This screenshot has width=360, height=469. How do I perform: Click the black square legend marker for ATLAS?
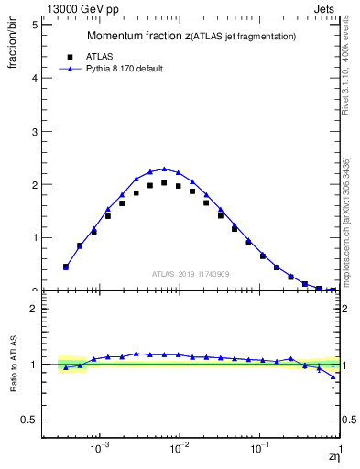point(68,55)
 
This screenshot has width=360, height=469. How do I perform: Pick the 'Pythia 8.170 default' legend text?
point(125,68)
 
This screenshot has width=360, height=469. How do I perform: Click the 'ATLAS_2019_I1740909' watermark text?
point(191,273)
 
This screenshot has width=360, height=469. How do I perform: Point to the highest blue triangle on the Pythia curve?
point(164,169)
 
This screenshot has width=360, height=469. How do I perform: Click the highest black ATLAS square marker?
point(164,183)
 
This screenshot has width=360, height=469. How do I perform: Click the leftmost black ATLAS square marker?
point(66,267)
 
